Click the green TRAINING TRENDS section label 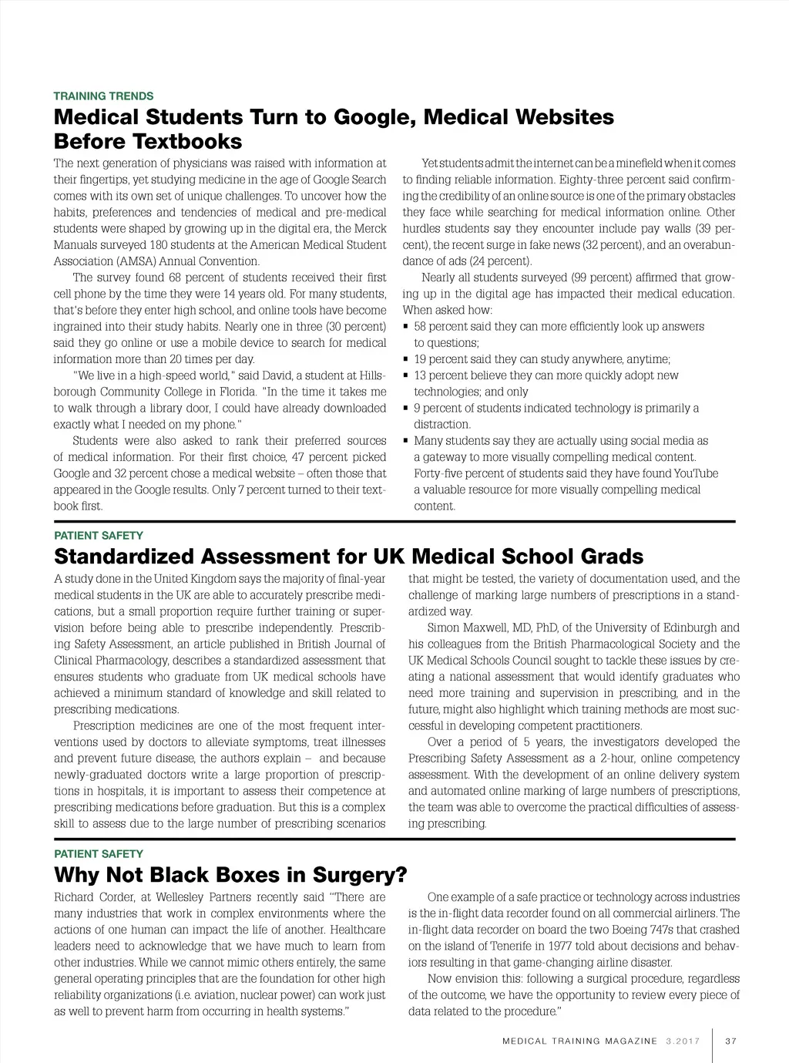coord(103,96)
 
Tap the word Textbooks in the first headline coord(187,142)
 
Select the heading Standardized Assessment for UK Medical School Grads coord(348,557)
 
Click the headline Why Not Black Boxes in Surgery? coord(230,875)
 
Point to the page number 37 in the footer coord(731,1041)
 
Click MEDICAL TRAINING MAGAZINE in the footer coord(580,1041)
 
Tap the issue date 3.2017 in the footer coord(681,1041)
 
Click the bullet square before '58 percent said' coord(406,327)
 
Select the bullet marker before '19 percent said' coord(406,360)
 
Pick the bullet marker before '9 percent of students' coord(406,409)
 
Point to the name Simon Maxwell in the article coord(468,627)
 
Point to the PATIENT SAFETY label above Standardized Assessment coord(99,536)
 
